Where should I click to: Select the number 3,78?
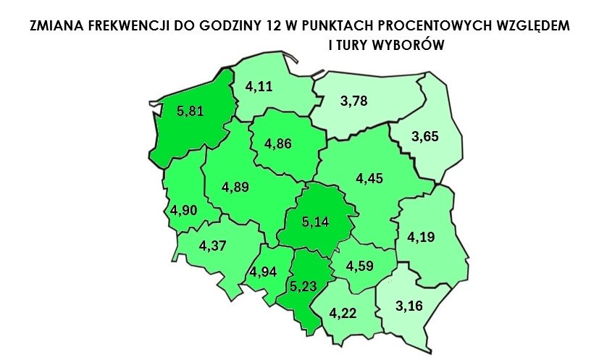pos(354,101)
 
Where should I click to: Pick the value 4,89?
pos(236,187)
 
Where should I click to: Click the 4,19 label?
pos(422,237)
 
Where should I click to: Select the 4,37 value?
pos(213,245)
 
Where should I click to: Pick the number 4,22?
pos(343,314)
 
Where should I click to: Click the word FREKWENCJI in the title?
pos(120,26)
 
